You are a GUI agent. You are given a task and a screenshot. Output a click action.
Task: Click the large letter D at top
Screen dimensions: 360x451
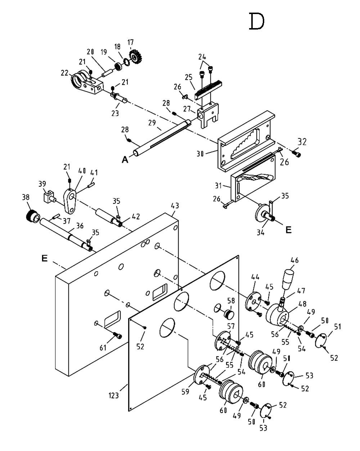(257, 21)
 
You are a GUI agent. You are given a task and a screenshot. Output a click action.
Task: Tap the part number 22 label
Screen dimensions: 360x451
(65, 73)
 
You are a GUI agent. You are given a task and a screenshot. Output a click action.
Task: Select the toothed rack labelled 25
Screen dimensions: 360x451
(208, 90)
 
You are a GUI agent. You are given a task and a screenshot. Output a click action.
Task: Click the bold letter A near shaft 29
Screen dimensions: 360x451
(125, 160)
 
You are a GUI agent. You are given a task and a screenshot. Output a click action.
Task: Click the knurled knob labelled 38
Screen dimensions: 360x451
(32, 216)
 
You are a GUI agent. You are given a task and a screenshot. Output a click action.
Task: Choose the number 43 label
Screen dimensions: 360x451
(175, 206)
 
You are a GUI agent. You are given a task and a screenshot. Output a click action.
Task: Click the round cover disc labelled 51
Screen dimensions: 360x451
(321, 341)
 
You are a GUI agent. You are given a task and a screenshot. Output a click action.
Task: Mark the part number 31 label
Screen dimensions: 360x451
(218, 186)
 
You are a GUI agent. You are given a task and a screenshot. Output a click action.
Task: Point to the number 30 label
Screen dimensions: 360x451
(201, 154)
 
